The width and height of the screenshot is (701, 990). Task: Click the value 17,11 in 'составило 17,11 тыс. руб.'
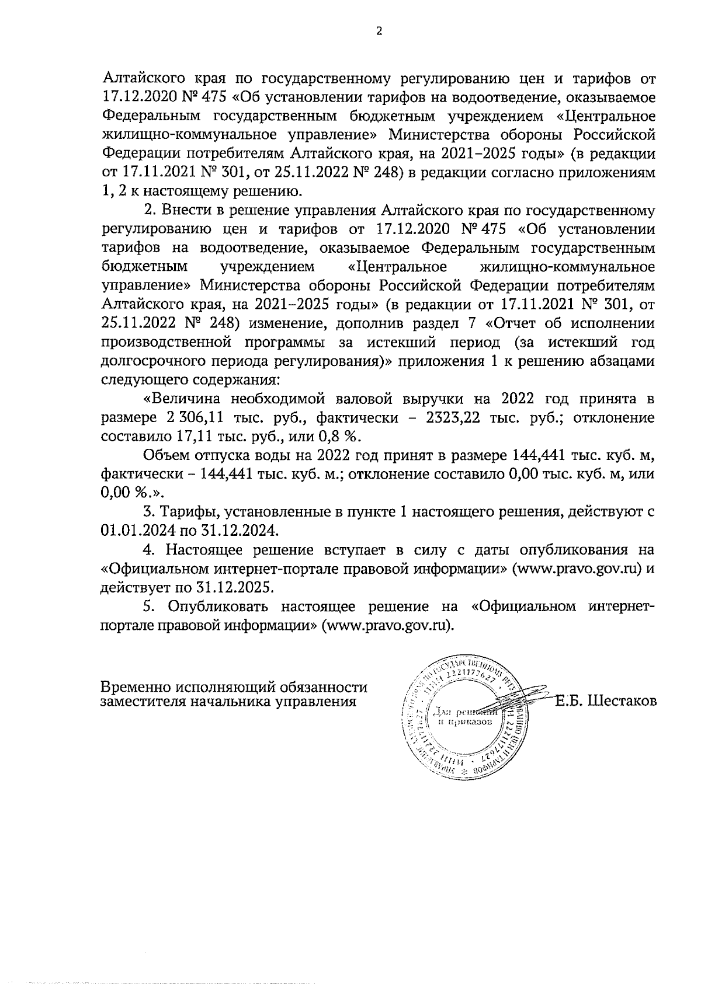pyautogui.click(x=192, y=437)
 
